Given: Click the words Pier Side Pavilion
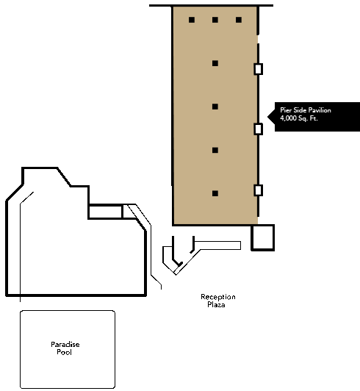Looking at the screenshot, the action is click(306, 110).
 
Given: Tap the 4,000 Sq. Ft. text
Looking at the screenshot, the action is click(299, 118).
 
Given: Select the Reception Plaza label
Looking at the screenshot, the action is click(217, 301).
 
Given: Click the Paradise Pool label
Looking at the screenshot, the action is click(65, 348).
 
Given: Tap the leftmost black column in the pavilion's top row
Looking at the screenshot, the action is click(192, 20).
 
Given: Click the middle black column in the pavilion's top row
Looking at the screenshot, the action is click(215, 20).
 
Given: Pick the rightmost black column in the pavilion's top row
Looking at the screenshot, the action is click(239, 20).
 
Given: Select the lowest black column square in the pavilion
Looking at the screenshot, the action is click(215, 193).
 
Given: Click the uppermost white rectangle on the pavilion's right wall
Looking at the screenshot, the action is click(259, 69).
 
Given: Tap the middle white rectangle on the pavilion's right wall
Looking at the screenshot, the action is click(259, 129).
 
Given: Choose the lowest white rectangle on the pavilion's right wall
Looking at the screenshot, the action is click(259, 190).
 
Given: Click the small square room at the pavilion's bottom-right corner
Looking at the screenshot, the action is click(262, 237).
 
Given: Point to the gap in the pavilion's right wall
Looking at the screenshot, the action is click(258, 40).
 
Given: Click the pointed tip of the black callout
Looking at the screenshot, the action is click(267, 116).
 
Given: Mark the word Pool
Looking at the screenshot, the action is click(64, 352).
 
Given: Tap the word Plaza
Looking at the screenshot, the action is click(216, 304).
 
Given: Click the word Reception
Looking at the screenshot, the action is click(218, 297).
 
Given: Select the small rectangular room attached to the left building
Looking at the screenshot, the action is click(106, 212).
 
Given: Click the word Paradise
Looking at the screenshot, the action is click(65, 345).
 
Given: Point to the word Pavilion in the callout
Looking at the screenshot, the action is click(320, 110).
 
